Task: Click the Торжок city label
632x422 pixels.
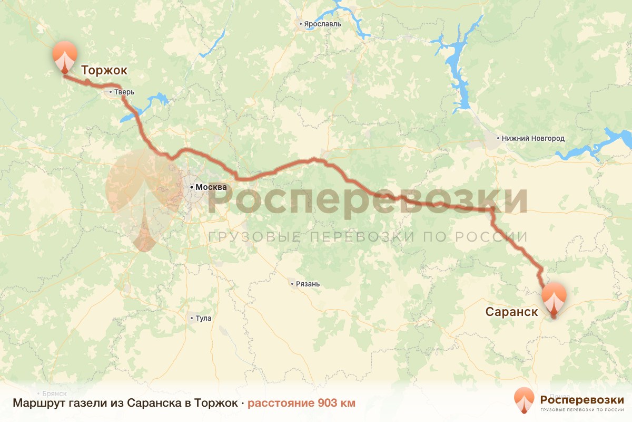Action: pos(104,70)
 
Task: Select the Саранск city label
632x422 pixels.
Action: pos(511,312)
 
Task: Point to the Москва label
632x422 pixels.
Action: pos(211,187)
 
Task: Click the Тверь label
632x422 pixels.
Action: pos(125,92)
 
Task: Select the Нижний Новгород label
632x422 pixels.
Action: pos(533,139)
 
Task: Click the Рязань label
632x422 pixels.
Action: pos(308,284)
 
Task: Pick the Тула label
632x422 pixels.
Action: pos(203,318)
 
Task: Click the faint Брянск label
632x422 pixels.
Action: pos(55,394)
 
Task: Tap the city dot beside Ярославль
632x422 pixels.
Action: pos(301,24)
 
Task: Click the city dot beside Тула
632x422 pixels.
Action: pos(192,318)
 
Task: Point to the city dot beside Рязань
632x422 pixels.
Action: pos(292,284)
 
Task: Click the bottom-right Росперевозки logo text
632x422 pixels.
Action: pos(582,399)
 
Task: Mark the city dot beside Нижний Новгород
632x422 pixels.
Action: pos(498,139)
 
